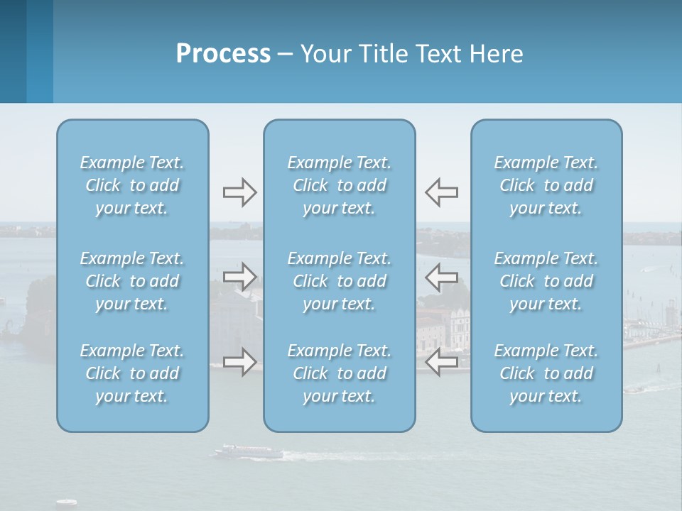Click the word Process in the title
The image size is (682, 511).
tap(223, 54)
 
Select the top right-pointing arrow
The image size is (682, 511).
tap(240, 192)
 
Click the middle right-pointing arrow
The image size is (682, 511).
tap(240, 276)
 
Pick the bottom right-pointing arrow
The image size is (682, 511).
tap(240, 362)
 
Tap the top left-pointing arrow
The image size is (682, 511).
tap(441, 192)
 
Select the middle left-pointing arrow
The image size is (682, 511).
tap(441, 276)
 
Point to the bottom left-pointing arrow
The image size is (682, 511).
tap(441, 362)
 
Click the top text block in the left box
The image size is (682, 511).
tap(132, 185)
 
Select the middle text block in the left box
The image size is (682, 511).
tap(132, 281)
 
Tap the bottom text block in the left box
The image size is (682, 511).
tap(132, 373)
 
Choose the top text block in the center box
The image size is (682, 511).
tap(339, 185)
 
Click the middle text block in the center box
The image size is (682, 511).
tap(339, 281)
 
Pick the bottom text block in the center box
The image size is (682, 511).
tap(339, 373)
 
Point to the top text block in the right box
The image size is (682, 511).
tap(546, 185)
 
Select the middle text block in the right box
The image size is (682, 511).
tap(546, 281)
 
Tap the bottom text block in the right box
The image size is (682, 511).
tap(546, 373)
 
